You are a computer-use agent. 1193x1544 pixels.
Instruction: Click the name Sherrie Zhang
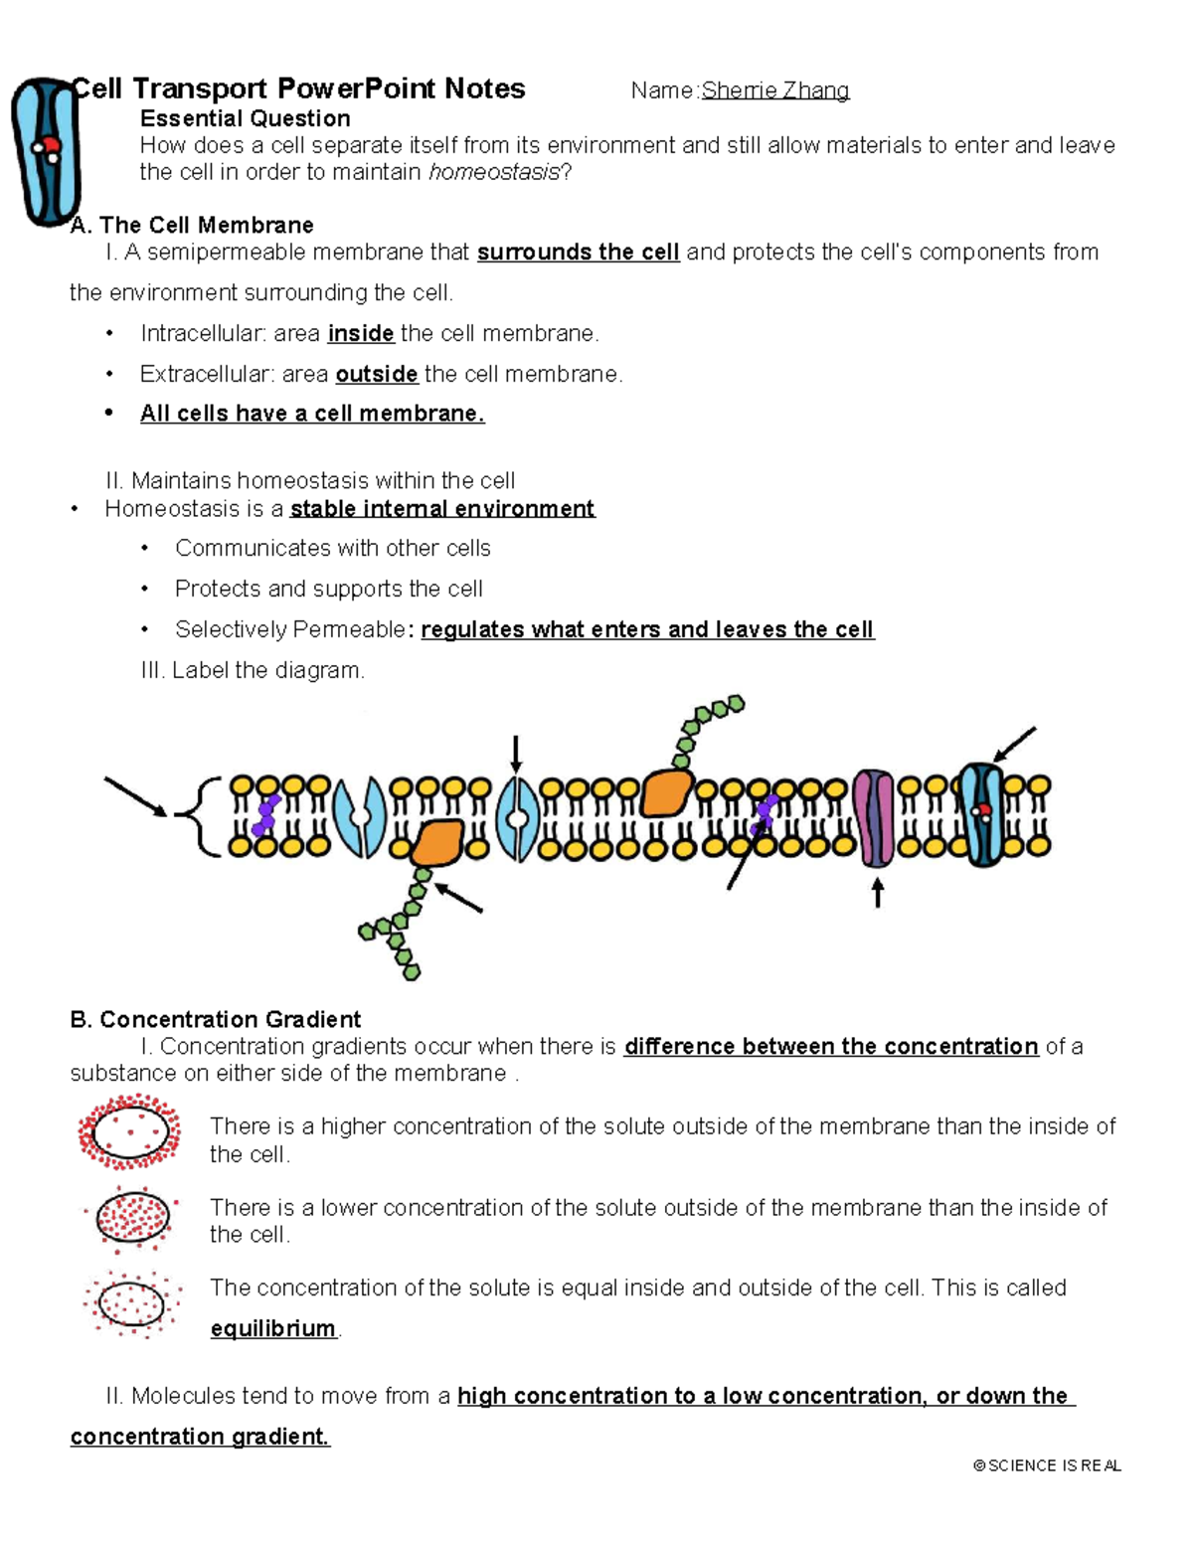pos(774,90)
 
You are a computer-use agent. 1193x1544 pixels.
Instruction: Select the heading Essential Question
pos(245,118)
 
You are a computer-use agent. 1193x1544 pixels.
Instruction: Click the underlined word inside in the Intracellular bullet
pos(361,333)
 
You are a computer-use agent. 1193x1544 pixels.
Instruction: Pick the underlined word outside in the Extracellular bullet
pos(376,374)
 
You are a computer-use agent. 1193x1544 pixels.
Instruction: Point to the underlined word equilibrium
pos(272,1328)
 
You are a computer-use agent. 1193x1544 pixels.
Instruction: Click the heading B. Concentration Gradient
pos(215,1019)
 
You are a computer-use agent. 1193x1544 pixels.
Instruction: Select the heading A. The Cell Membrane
pos(192,225)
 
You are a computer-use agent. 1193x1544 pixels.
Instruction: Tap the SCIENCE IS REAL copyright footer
pos(1047,1465)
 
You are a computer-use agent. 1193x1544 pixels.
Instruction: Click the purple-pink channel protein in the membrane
pos(875,817)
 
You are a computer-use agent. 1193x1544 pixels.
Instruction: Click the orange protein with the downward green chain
pos(436,842)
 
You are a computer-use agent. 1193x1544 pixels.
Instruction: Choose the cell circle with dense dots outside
pos(129,1131)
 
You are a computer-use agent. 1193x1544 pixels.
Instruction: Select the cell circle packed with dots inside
pos(131,1217)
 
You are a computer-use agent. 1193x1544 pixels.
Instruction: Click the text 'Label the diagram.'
pos(267,670)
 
